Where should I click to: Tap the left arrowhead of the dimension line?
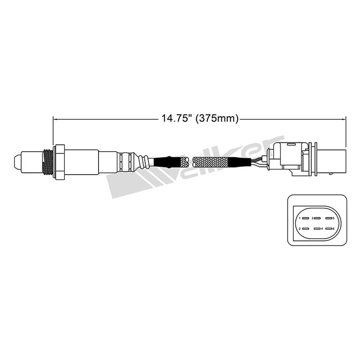pyautogui.click(x=56, y=119)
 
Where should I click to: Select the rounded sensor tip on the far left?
pyautogui.click(x=18, y=161)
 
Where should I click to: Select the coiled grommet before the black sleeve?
pyautogui.click(x=143, y=162)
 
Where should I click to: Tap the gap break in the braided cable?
pyautogui.click(x=190, y=162)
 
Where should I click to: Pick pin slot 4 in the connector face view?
pyautogui.click(x=319, y=228)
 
